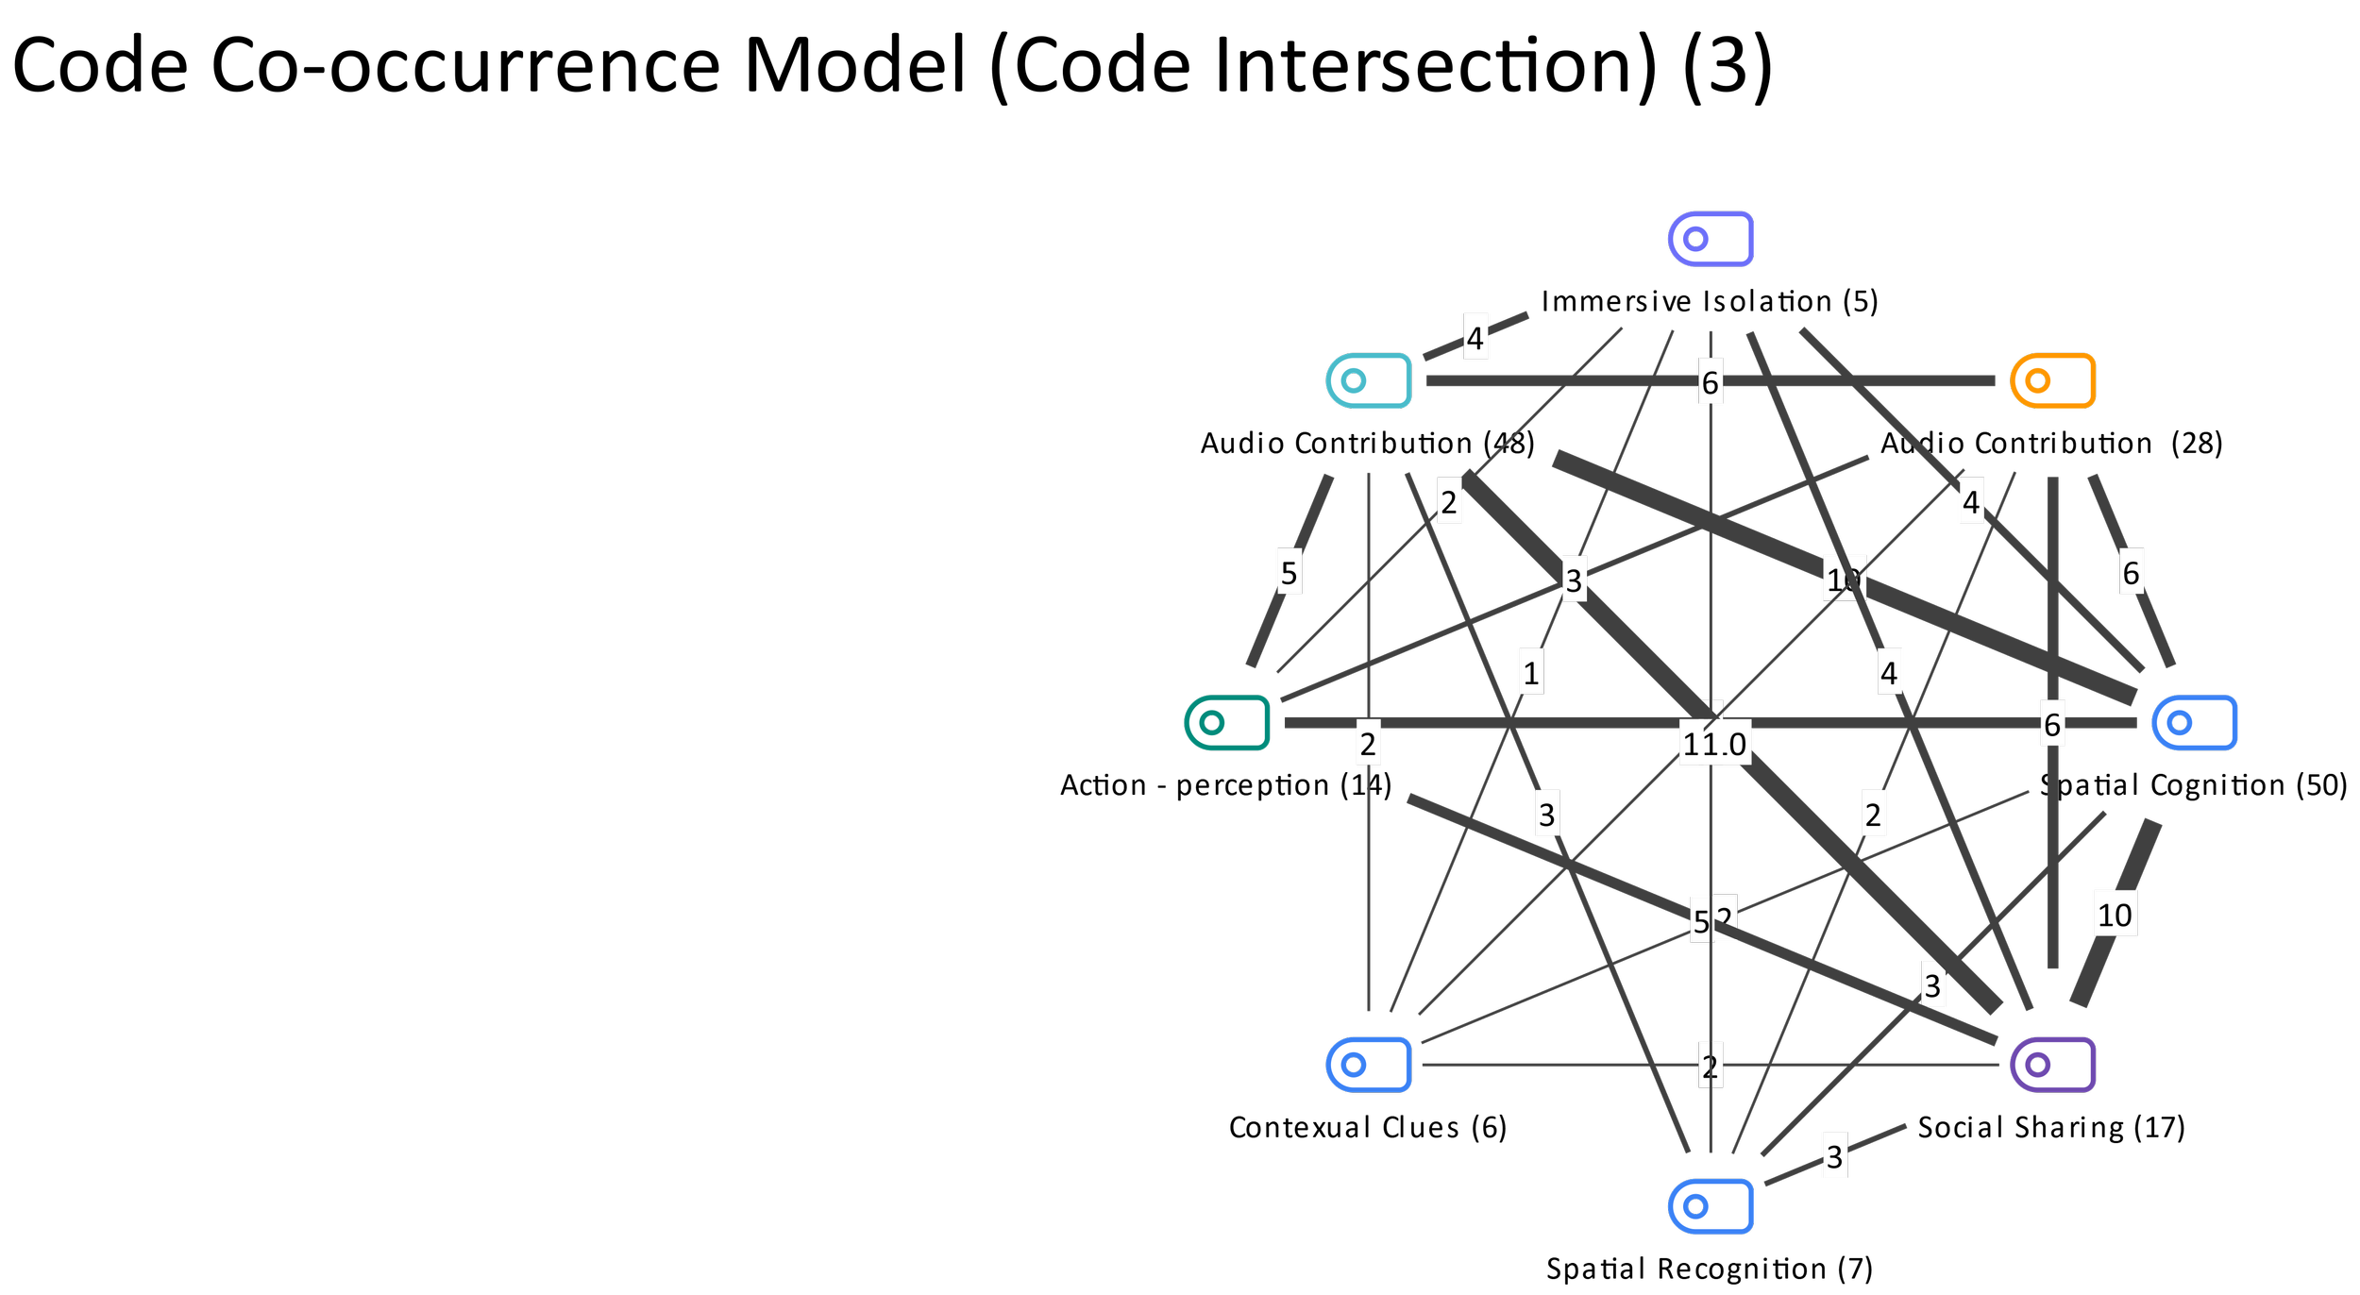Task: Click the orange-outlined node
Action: pyautogui.click(x=2053, y=380)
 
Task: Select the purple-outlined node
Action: pyautogui.click(x=2053, y=1065)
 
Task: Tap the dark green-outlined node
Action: pyautogui.click(x=1227, y=722)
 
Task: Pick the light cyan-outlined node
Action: pyautogui.click(x=1369, y=380)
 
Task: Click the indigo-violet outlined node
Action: pyautogui.click(x=1711, y=239)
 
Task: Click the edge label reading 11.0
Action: pyautogui.click(x=1714, y=744)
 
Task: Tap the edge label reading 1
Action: pyautogui.click(x=1531, y=672)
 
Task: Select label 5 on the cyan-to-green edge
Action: pyautogui.click(x=1289, y=572)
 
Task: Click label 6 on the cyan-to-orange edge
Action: pyautogui.click(x=1711, y=382)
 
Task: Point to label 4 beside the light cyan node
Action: pyautogui.click(x=1475, y=337)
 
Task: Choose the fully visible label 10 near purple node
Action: pyautogui.click(x=2115, y=915)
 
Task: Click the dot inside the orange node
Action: pyautogui.click(x=2038, y=380)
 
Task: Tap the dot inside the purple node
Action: pyautogui.click(x=2038, y=1065)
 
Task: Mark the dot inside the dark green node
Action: pyautogui.click(x=1212, y=723)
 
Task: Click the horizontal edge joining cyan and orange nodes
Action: pyautogui.click(x=1558, y=380)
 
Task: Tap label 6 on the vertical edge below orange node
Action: pyautogui.click(x=2052, y=724)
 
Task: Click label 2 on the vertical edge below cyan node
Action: pyautogui.click(x=1368, y=744)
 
